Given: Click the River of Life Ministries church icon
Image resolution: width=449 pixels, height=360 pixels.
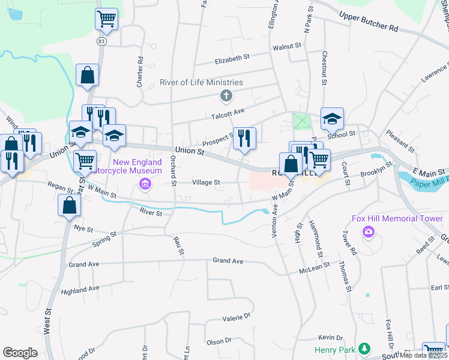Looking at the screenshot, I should click(226, 95).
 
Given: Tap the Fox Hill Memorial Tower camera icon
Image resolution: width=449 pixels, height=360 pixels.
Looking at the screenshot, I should click(369, 232).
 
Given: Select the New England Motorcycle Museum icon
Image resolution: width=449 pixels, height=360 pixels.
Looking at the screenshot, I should click(145, 184).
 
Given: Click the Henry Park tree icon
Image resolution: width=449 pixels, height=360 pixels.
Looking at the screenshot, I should click(363, 349).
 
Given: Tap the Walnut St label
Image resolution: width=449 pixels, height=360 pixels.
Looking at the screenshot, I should click(286, 46).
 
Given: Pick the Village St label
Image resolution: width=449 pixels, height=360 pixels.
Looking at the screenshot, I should click(206, 182).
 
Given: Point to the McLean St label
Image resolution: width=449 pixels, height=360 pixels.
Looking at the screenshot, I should click(315, 268).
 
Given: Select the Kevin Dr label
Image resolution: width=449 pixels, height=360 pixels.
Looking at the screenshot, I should click(330, 338).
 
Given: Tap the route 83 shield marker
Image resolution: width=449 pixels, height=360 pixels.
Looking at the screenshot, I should click(101, 41).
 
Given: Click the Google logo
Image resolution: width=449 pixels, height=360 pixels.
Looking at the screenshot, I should click(20, 353).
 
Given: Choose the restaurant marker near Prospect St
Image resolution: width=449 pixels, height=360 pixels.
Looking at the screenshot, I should click(244, 139).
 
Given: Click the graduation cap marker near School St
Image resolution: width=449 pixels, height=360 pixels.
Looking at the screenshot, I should click(331, 119).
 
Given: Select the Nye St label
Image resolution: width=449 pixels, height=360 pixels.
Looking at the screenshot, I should click(83, 229).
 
